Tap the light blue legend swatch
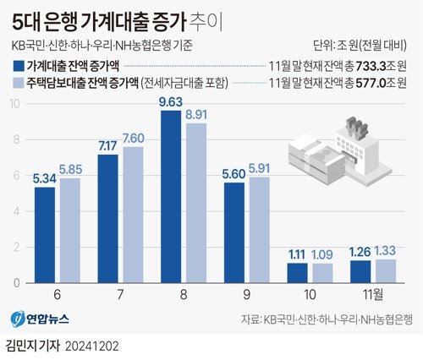point(19,83)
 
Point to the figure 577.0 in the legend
point(373,83)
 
